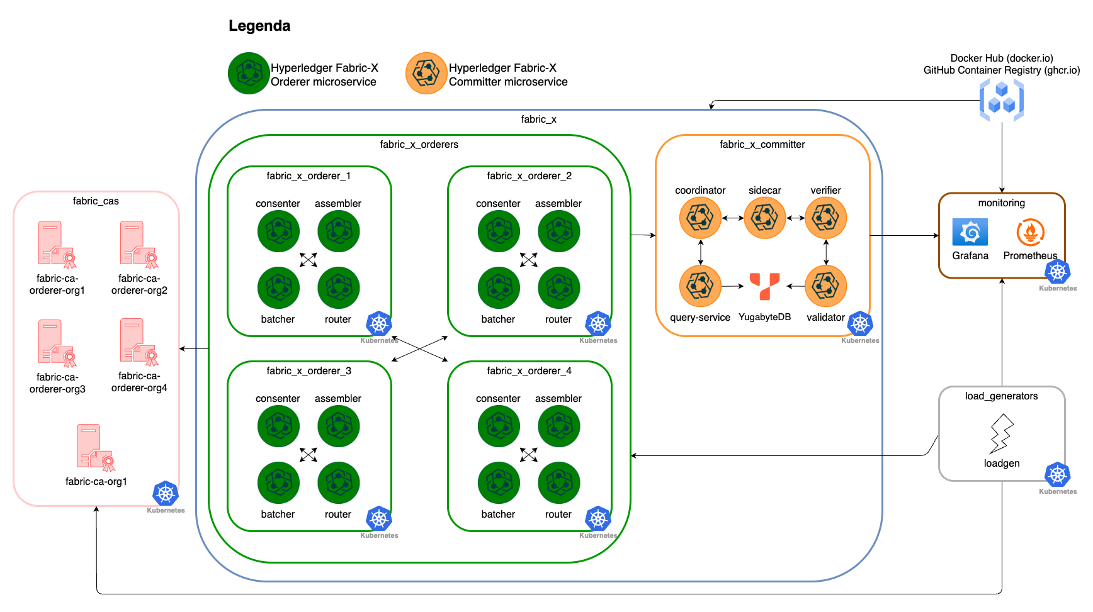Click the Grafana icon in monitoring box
(970, 232)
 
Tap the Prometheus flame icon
(1030, 232)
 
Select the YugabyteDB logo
(764, 286)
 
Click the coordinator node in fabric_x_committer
(700, 218)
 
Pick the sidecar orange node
(765, 218)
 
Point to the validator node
(825, 286)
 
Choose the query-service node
(700, 286)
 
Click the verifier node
(825, 218)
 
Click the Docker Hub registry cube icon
(1001, 101)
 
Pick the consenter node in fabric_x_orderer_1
(278, 231)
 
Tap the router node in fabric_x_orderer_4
(558, 482)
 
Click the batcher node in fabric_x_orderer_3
(278, 482)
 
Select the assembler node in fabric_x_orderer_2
(558, 231)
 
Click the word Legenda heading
(259, 26)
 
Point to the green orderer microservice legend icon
(249, 74)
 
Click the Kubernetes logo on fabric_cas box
(166, 494)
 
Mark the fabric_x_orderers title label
(419, 145)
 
